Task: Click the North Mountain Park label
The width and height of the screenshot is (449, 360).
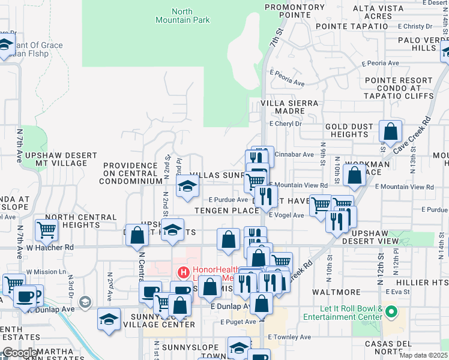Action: [191, 16]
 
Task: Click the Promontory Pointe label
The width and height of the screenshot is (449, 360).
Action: [286, 11]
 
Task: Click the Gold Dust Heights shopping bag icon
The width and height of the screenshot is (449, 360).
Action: [390, 132]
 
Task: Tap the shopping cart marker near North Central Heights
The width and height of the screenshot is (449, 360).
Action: [46, 229]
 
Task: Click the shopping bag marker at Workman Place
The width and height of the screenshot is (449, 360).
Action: [355, 175]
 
